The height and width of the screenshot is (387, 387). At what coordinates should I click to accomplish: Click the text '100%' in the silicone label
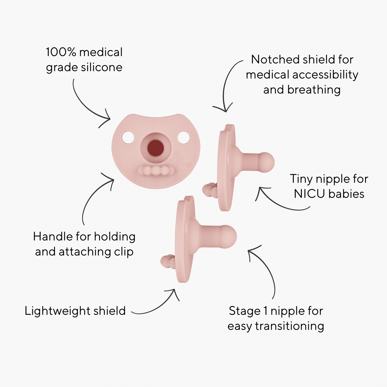coord(61,52)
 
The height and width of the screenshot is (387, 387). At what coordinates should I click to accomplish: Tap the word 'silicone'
coord(101,67)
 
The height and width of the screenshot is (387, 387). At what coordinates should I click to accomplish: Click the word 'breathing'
coord(314,90)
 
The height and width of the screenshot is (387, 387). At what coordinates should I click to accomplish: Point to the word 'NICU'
coord(309,194)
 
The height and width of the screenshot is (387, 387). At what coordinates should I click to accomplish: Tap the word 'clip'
coord(124,252)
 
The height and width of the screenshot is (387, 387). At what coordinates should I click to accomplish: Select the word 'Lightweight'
coord(57,311)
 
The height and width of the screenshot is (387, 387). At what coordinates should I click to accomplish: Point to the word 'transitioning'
coord(289,326)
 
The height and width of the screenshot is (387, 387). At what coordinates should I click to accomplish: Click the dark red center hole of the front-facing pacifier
coord(156,148)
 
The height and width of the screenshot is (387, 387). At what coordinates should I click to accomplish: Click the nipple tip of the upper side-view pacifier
coord(267,162)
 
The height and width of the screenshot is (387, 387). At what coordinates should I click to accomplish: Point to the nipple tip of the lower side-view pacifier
coord(229,236)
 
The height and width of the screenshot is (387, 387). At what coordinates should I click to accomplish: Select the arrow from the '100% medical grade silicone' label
coord(88,106)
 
